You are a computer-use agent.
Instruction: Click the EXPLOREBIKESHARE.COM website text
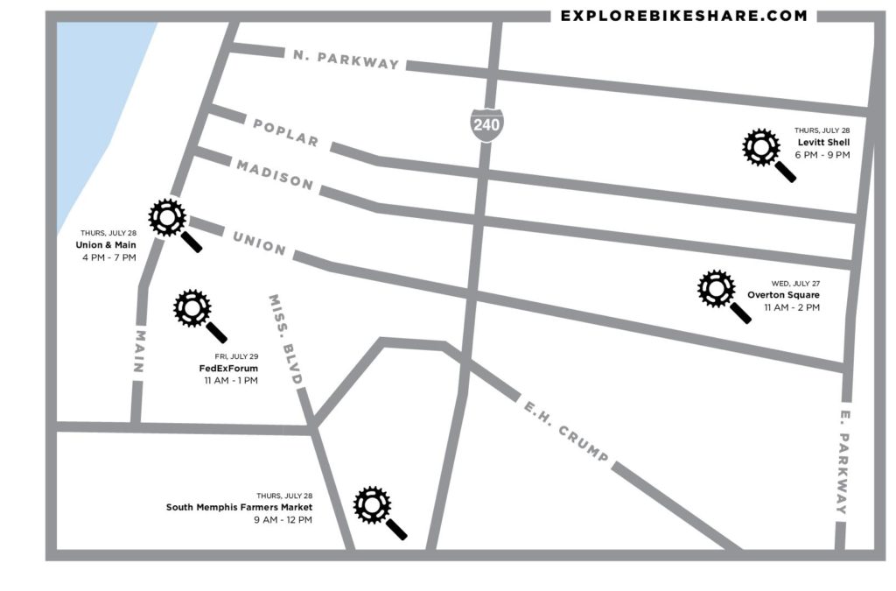[683, 16]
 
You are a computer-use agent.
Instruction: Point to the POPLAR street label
[285, 133]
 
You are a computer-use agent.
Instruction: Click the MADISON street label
[274, 173]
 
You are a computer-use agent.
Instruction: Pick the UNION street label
[259, 242]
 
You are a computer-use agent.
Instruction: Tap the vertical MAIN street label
[138, 351]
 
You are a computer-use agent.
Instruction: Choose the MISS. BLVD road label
[286, 341]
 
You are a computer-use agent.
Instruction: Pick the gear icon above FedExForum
[192, 307]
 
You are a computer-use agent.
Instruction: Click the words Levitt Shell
[823, 142]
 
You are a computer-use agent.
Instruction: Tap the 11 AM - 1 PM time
[231, 381]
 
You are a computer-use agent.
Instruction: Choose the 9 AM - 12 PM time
[283, 520]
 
